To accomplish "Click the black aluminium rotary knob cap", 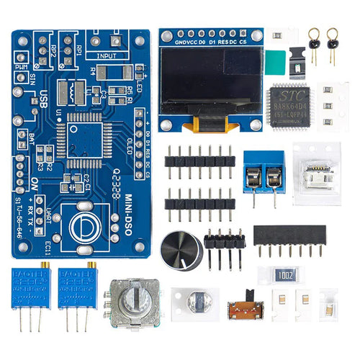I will pos(181,250).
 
